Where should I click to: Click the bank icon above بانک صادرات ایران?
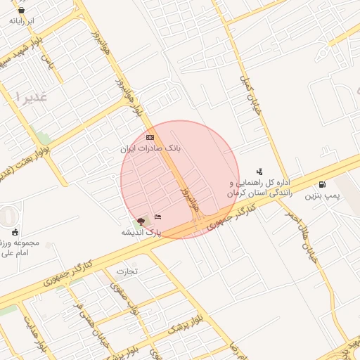point(150,136)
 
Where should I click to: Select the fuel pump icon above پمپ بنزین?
point(322,185)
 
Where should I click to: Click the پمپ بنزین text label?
point(321,197)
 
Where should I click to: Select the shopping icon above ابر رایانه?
point(21,11)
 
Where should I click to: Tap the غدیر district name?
point(29,98)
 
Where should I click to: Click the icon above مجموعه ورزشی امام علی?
point(15,232)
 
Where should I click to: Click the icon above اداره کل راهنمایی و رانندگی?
point(259,171)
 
